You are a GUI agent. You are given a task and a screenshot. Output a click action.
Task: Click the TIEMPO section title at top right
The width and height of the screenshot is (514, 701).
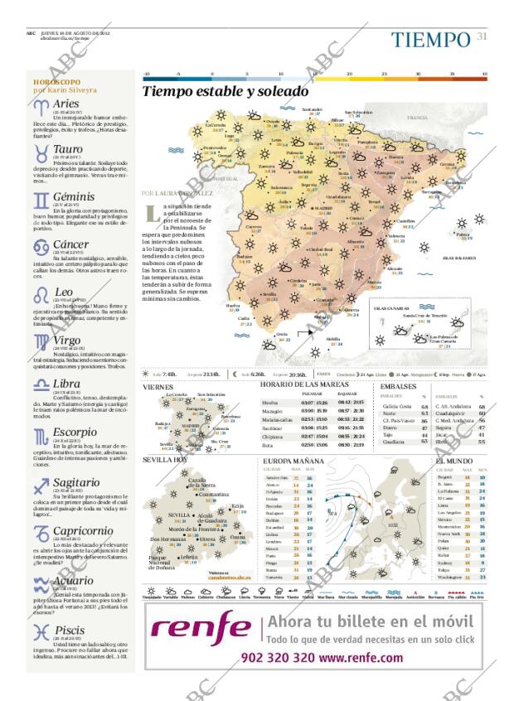point(431,40)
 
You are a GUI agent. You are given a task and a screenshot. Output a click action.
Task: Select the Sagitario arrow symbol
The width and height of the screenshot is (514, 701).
point(41,486)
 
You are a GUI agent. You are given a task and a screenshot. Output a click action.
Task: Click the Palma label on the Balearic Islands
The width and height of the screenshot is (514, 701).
point(463,234)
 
